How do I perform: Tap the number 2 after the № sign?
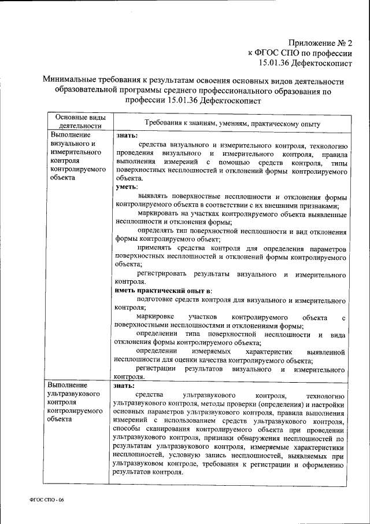click(x=349, y=43)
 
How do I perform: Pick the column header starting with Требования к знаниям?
click(x=232, y=123)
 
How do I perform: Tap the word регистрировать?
click(x=162, y=272)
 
